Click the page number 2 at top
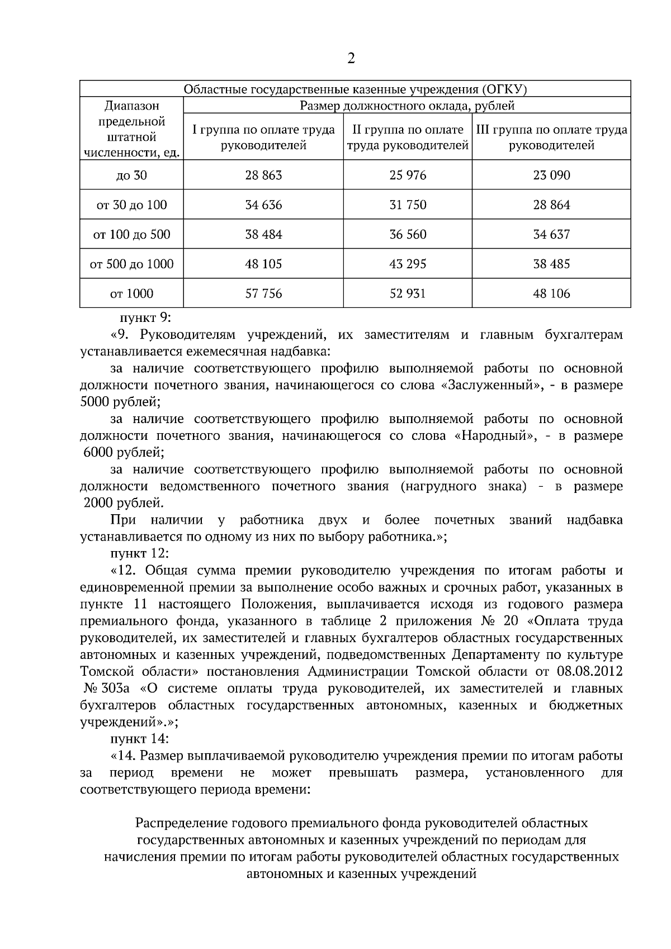pos(351,59)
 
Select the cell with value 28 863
pos(263,175)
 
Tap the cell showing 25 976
pos(408,175)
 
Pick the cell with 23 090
pos(551,175)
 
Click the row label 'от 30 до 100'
pos(131,205)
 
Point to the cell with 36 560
pos(408,235)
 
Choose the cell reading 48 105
pos(263,264)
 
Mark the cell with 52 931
pos(408,294)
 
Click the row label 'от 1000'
pos(131,294)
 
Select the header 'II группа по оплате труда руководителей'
pos(408,137)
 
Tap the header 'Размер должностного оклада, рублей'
pos(407,106)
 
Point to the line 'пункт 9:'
pos(145,318)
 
